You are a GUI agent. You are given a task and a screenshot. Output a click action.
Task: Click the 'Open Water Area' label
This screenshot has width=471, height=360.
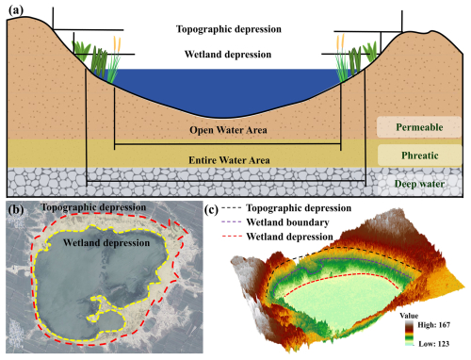(226, 131)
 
